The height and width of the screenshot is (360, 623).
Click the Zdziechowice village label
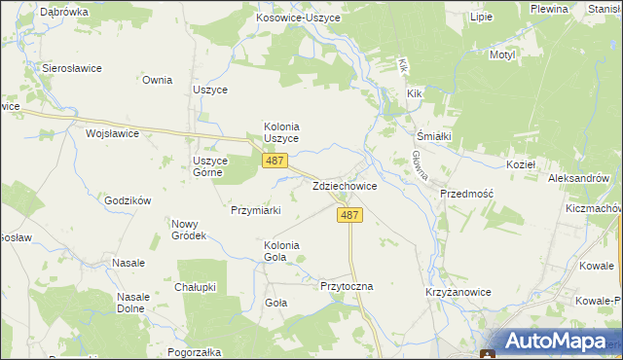click(x=345, y=185)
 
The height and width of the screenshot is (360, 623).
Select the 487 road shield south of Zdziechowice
click(x=352, y=216)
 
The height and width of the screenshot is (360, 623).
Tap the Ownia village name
click(x=157, y=81)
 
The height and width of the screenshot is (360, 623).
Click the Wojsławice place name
click(x=113, y=133)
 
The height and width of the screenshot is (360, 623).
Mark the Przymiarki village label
click(x=256, y=209)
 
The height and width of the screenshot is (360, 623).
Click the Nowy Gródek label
click(x=189, y=230)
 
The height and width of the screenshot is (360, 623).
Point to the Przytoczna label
click(x=347, y=287)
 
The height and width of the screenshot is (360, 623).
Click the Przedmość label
click(x=467, y=194)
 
